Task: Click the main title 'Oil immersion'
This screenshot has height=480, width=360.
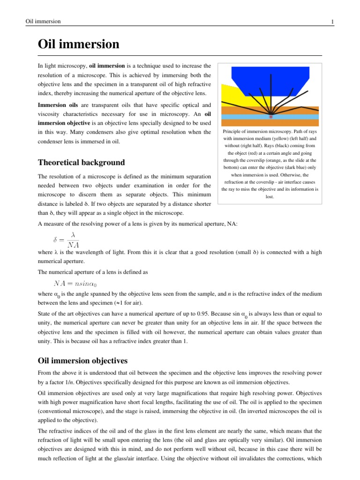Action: click(78, 45)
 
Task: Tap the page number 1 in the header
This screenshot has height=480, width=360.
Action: click(332, 22)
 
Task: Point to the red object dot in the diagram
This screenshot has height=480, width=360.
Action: click(270, 116)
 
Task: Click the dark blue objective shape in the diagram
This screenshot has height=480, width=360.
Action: click(270, 80)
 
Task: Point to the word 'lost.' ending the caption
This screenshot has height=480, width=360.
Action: click(270, 196)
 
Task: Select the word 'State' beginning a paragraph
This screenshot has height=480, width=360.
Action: click(45, 314)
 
